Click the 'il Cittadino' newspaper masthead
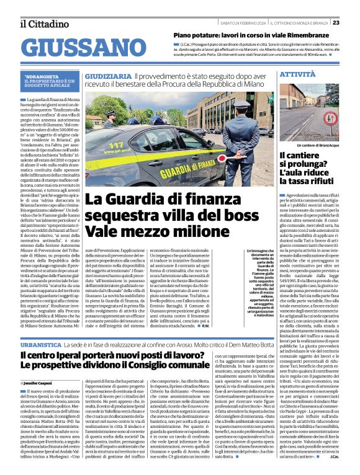[x=44, y=23]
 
